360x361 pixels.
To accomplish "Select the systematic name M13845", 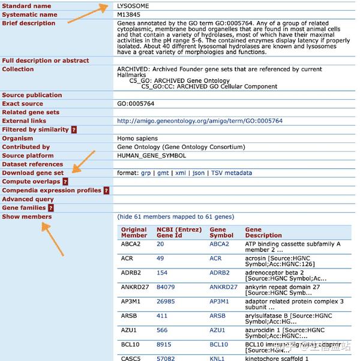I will pos(130,14).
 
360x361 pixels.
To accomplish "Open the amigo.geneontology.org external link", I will pos(200,121).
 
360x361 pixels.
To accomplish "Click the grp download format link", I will pos(146,173).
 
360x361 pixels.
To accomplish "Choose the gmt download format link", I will pos(163,173).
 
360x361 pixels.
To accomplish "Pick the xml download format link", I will pos(181,173).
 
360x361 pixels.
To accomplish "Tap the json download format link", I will pos(199,173).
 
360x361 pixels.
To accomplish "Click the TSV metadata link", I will pos(232,173).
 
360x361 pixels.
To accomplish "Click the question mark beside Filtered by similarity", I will pos(74,130).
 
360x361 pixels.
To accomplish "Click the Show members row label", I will pos(27,216).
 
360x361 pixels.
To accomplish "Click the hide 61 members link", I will pos(176,217).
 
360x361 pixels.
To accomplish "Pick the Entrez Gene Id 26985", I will pos(166,302).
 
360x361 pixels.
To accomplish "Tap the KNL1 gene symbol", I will pos(217,358).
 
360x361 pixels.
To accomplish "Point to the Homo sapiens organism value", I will pos(137,138).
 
